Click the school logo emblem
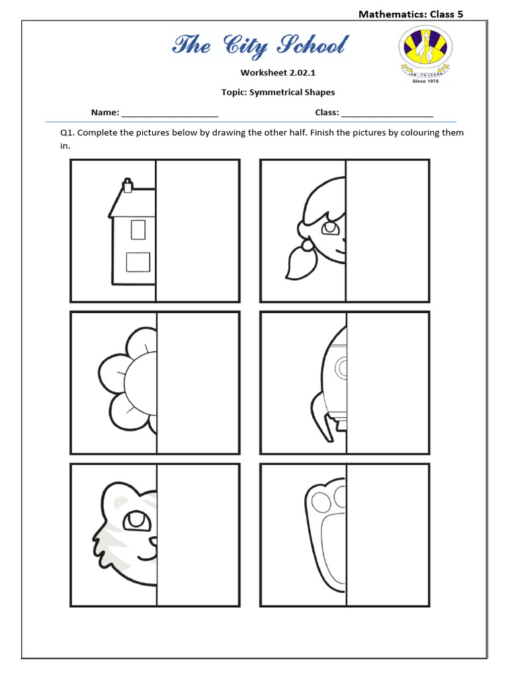pos(425,52)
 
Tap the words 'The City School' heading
pos(259,46)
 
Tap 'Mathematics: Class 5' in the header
pos(410,14)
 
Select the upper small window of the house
pos(138,229)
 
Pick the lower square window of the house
pos(138,262)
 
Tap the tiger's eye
pos(137,520)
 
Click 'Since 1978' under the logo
pos(425,81)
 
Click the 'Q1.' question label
pos(67,132)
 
